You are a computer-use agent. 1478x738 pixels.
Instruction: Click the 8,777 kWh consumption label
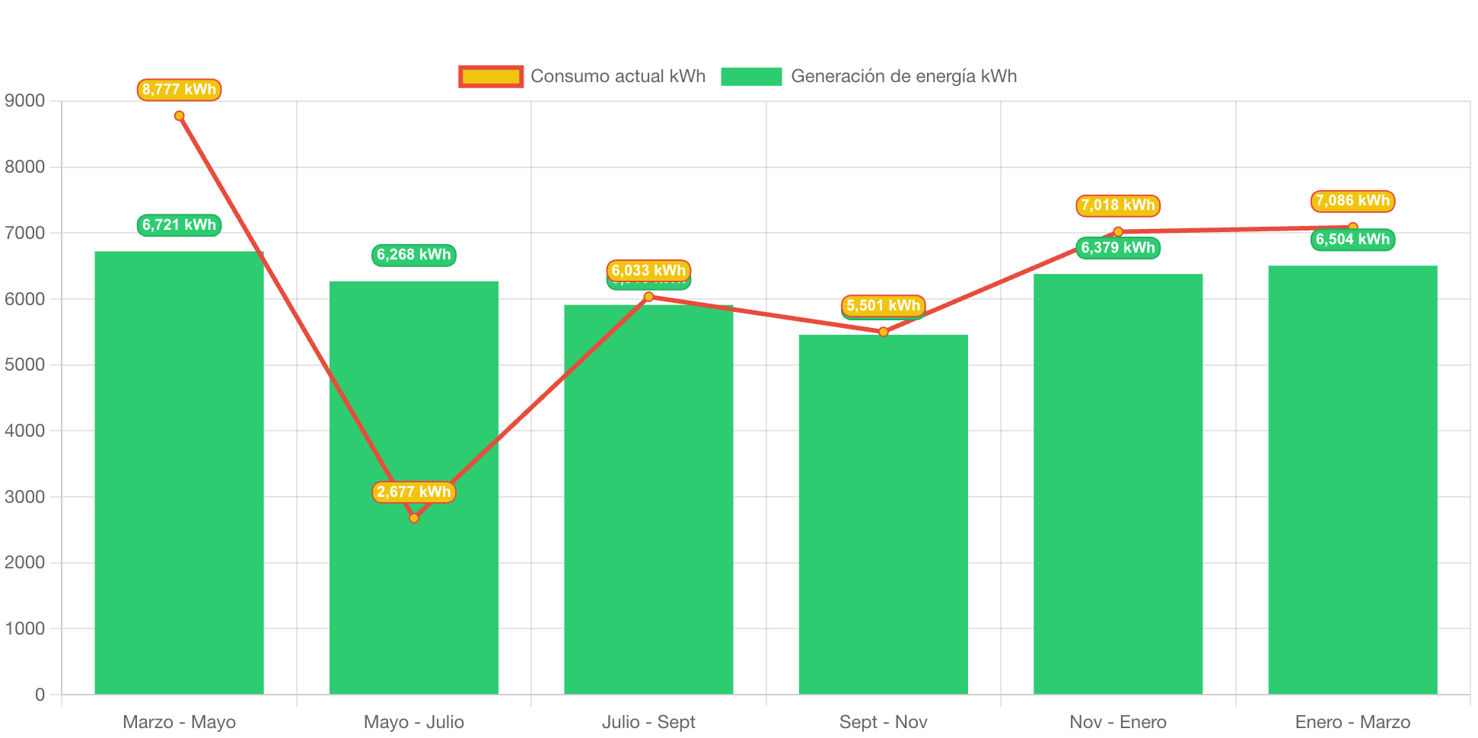(x=179, y=90)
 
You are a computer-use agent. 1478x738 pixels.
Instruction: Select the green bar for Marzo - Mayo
(x=179, y=472)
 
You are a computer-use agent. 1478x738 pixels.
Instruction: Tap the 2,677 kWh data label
(x=413, y=492)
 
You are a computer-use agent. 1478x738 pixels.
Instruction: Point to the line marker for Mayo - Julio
(x=414, y=518)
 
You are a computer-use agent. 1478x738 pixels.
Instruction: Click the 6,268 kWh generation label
(x=413, y=255)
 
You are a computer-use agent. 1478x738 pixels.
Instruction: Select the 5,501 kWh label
(x=883, y=306)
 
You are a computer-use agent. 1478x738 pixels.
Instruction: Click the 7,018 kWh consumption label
(x=1117, y=205)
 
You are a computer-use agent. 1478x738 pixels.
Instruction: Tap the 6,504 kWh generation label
(x=1352, y=240)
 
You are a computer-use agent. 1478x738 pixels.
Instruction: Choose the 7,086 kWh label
(x=1352, y=201)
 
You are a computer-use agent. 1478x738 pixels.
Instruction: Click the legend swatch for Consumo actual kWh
(x=491, y=76)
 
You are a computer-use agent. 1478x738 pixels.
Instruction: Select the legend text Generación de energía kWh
(x=903, y=76)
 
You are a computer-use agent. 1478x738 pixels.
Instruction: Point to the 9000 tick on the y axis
(x=25, y=100)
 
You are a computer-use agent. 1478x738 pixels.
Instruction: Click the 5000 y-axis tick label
(x=25, y=364)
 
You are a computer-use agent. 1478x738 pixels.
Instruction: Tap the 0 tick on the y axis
(x=40, y=695)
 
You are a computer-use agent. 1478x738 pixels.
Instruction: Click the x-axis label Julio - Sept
(x=648, y=722)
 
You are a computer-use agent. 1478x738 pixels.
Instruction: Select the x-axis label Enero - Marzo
(x=1352, y=722)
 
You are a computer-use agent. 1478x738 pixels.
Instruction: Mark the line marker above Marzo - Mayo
(x=179, y=116)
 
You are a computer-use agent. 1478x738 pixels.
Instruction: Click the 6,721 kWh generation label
(x=179, y=225)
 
